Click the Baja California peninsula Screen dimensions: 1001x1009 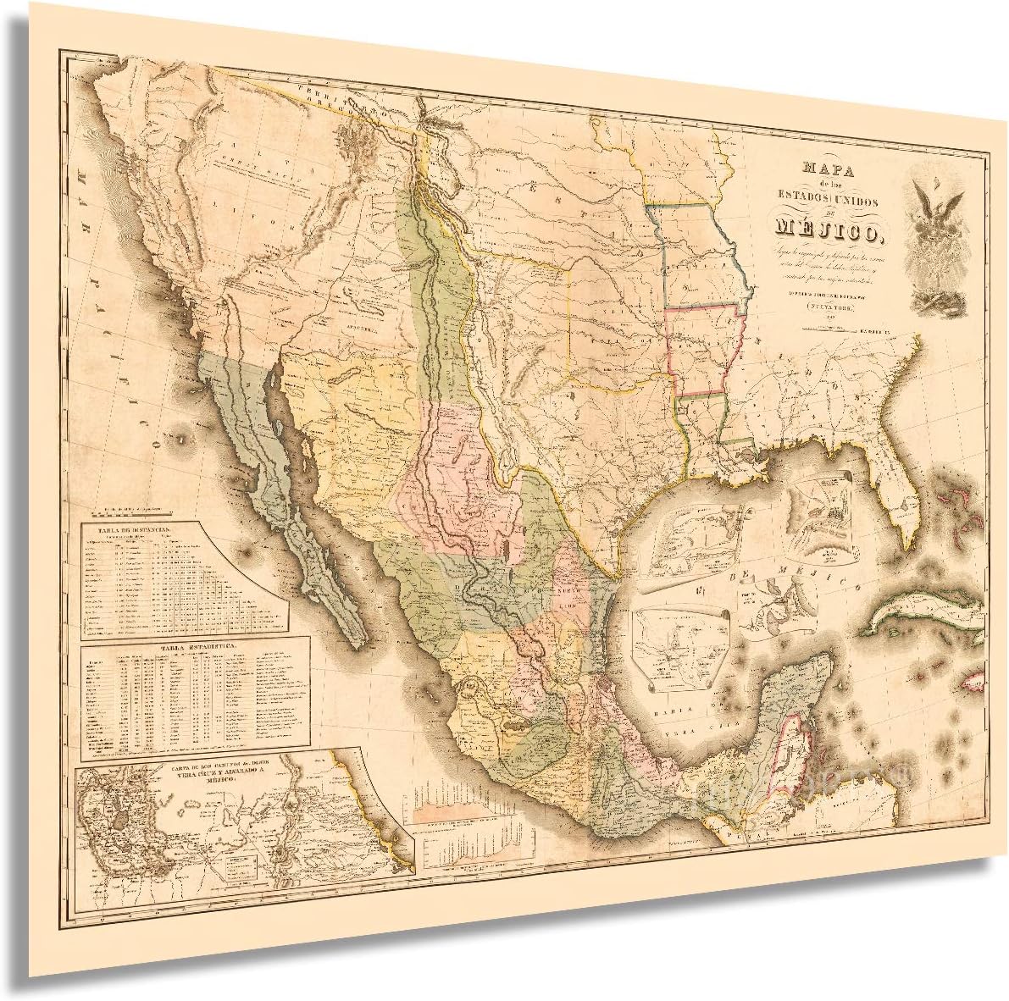[x=288, y=491]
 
